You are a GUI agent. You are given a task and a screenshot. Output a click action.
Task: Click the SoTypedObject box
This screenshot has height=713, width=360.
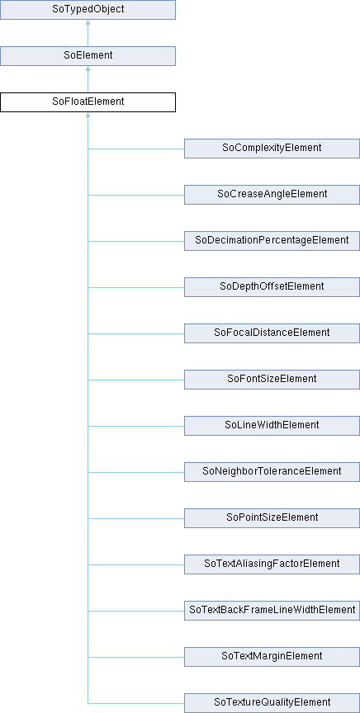[88, 10]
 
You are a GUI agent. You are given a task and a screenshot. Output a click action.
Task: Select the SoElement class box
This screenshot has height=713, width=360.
[88, 56]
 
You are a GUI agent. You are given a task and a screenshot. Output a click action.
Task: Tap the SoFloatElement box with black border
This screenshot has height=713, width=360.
[88, 102]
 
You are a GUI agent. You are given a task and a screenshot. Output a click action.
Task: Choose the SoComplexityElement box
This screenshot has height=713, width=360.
[272, 149]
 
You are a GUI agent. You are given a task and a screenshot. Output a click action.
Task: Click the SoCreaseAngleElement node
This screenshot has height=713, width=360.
[272, 195]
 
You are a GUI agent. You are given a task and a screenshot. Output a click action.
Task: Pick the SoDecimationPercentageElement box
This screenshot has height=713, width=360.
[272, 240]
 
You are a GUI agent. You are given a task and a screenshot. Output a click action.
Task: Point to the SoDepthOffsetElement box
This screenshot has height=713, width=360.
[272, 287]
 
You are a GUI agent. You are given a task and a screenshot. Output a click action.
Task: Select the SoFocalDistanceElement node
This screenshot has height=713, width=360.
[272, 333]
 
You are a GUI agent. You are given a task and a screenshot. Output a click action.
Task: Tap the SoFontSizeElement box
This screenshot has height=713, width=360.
[272, 380]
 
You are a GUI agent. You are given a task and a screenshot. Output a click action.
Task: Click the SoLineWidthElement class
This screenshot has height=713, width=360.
[272, 426]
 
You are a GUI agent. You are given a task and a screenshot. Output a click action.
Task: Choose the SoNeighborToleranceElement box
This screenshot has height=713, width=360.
[272, 472]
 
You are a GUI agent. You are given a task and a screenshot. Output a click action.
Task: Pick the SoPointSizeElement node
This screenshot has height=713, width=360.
[272, 518]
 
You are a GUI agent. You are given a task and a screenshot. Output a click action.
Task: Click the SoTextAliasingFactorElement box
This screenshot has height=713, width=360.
[272, 564]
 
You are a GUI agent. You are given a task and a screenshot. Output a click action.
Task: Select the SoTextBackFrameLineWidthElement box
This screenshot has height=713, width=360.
[272, 611]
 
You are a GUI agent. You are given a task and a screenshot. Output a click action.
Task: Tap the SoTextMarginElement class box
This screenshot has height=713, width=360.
[272, 657]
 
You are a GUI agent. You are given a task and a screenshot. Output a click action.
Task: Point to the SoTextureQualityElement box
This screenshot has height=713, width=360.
[272, 703]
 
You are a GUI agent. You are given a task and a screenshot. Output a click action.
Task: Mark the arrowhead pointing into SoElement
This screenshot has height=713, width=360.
[88, 69]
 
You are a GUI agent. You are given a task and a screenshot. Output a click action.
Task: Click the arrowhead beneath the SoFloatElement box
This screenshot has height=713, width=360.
[88, 115]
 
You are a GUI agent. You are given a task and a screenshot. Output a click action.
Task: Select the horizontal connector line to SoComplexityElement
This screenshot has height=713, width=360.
[136, 149]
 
